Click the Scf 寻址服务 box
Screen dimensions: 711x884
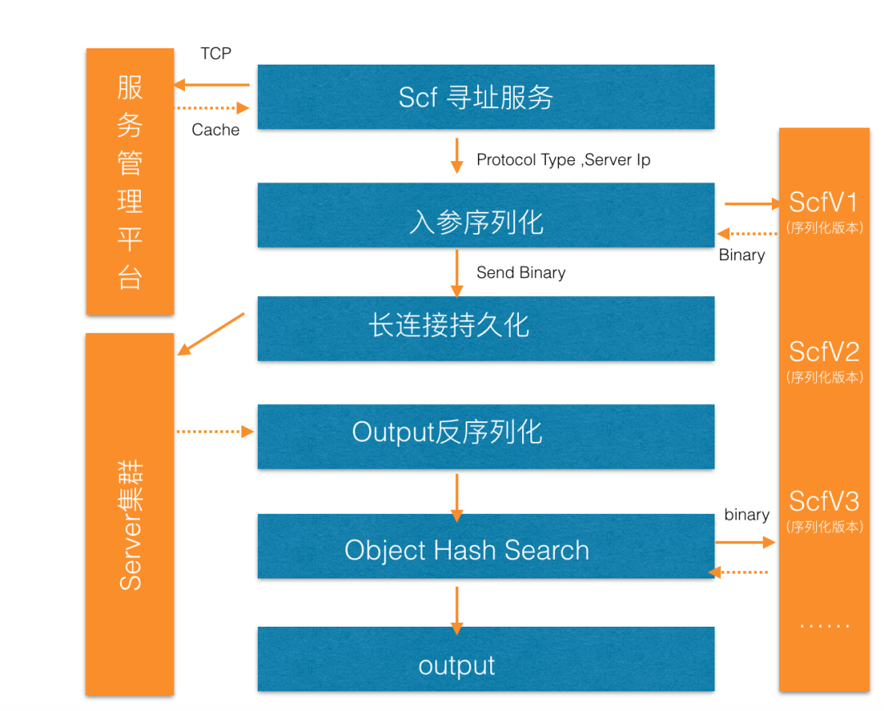pyautogui.click(x=485, y=97)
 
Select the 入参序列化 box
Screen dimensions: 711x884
pyautogui.click(x=485, y=215)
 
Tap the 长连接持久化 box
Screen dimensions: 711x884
pyautogui.click(x=485, y=328)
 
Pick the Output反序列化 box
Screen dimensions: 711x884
pyautogui.click(x=485, y=436)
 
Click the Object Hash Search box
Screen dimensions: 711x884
pyautogui.click(x=485, y=547)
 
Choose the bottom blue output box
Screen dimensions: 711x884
pyautogui.click(x=485, y=659)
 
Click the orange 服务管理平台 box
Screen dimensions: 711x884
pyautogui.click(x=130, y=181)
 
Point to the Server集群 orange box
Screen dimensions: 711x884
pyautogui.click(x=130, y=514)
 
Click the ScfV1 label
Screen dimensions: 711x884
pyautogui.click(x=823, y=202)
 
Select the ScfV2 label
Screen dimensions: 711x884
pyautogui.click(x=823, y=352)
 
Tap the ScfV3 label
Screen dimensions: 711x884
pyautogui.click(x=823, y=501)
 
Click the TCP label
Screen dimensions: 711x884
pyautogui.click(x=216, y=54)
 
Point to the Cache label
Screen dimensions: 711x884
pyautogui.click(x=216, y=130)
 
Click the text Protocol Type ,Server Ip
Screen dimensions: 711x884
pyautogui.click(x=563, y=160)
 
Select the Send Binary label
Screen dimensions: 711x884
pyautogui.click(x=521, y=272)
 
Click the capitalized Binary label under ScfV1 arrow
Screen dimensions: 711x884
pyautogui.click(x=742, y=255)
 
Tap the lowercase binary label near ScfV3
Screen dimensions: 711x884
pyautogui.click(x=746, y=515)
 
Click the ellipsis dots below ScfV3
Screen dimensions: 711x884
pyautogui.click(x=824, y=626)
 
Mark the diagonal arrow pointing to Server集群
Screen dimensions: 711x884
pyautogui.click(x=211, y=334)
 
